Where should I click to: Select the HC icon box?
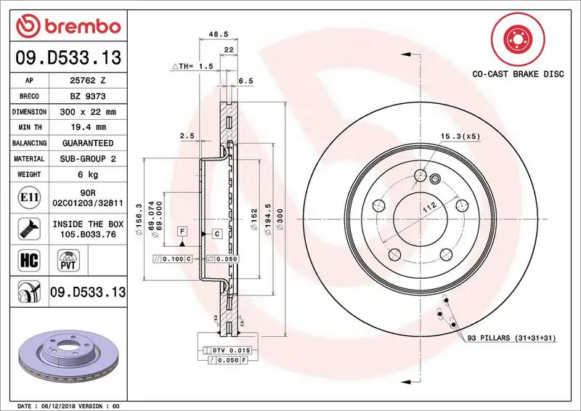click(x=25, y=259)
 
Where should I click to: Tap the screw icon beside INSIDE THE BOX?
click(x=25, y=229)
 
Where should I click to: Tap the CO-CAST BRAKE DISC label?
click(x=517, y=74)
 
